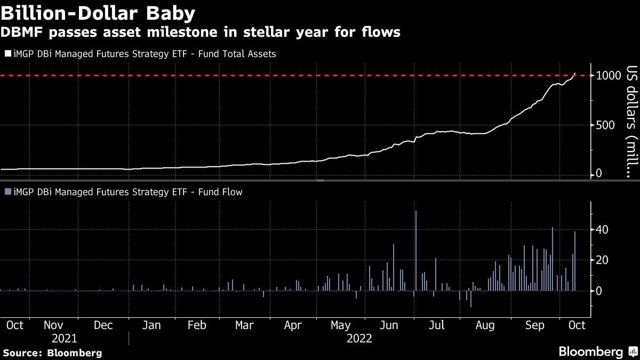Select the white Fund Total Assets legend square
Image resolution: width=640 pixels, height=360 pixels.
[7, 54]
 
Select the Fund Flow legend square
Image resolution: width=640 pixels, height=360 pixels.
[7, 192]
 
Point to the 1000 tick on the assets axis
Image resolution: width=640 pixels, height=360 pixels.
[607, 76]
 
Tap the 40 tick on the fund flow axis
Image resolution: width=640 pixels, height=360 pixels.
[603, 230]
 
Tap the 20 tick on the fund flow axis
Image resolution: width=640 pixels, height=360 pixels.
[603, 260]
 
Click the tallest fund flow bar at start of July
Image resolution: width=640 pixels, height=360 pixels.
[415, 251]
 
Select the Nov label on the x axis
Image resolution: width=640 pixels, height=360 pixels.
[53, 325]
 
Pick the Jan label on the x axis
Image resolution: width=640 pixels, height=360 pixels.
[152, 325]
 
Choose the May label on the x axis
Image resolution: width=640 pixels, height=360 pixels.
[341, 325]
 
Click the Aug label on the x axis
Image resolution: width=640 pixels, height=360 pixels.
[485, 325]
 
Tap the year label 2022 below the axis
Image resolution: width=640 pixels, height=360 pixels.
[359, 338]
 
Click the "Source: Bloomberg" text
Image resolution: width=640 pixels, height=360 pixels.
[52, 353]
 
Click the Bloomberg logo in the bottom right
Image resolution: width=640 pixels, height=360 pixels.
[597, 351]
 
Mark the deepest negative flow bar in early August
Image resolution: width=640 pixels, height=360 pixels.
[471, 299]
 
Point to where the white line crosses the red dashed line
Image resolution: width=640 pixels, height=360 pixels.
[573, 76]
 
